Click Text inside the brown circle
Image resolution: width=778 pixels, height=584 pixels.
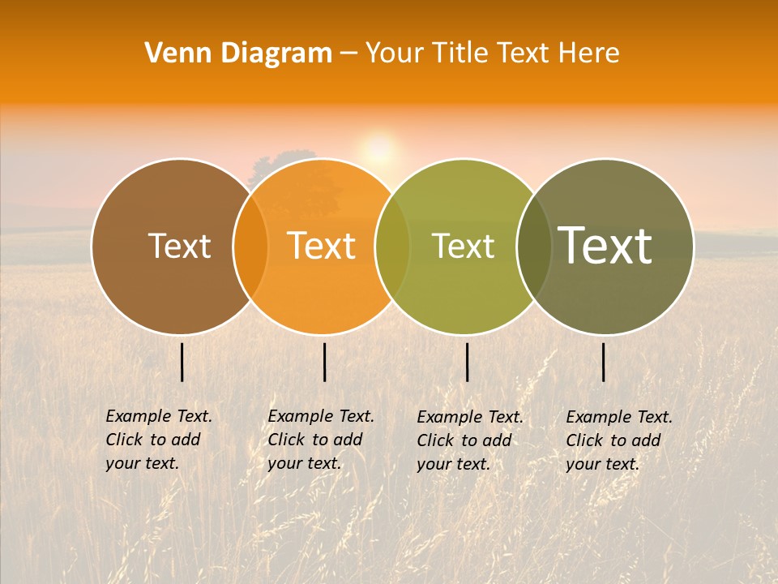179,246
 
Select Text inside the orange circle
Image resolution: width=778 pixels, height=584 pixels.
322,246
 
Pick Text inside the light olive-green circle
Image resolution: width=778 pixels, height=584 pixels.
463,246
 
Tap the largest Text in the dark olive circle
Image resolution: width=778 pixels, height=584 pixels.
605,246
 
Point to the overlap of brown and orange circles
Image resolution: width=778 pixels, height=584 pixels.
250,246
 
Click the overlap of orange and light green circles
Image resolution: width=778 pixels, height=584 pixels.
392,246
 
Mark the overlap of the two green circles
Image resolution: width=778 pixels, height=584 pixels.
534,246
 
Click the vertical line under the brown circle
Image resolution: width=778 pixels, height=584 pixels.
182,362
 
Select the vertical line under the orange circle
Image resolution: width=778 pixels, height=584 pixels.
324,362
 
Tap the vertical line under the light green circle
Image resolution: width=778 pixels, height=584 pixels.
467,362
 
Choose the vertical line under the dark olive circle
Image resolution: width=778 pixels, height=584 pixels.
603,362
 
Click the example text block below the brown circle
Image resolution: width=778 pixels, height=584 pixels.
159,440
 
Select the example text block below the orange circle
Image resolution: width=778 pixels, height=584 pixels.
321,440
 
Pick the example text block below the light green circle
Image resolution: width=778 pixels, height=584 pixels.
470,440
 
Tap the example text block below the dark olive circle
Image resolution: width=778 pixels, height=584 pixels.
619,440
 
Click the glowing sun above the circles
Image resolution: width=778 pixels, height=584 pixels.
378,148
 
